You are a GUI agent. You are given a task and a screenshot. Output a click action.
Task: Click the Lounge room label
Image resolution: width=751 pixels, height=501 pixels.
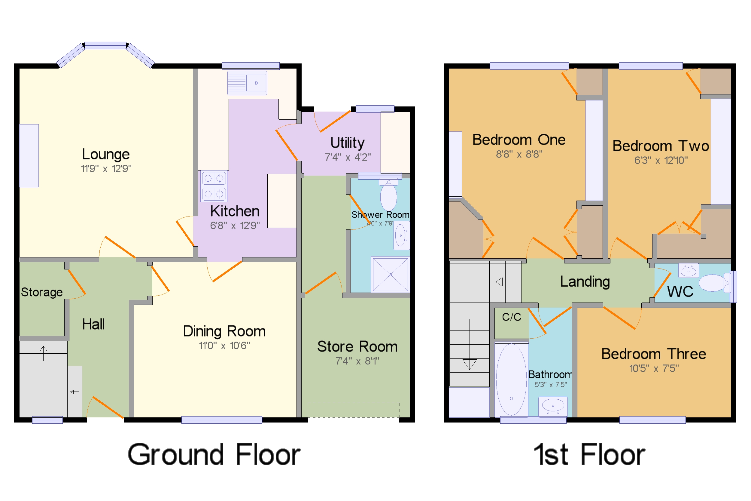pos(106,154)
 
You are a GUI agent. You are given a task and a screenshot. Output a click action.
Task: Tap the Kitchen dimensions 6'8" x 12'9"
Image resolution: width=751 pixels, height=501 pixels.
pos(235,226)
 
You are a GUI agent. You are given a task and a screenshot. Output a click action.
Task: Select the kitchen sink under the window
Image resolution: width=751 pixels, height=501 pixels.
pos(247,83)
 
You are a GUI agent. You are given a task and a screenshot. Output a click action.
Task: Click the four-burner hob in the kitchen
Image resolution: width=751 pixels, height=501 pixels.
pos(214,186)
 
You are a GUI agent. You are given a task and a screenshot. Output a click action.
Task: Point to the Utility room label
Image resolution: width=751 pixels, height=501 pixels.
pos(347,143)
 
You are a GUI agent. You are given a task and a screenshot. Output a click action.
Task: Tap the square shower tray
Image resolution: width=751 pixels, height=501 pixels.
pos(390,275)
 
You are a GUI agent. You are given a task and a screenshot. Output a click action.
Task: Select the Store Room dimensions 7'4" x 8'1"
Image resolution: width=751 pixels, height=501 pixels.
pos(357,361)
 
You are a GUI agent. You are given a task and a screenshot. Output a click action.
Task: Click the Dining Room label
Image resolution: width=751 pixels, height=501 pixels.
pos(224,331)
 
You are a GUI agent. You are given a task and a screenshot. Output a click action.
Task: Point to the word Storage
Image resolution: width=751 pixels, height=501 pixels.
pos(41,292)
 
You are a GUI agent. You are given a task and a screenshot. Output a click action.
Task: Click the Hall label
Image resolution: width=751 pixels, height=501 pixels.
pos(93,324)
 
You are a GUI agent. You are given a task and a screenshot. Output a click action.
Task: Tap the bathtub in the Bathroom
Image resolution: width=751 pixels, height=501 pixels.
pos(511,380)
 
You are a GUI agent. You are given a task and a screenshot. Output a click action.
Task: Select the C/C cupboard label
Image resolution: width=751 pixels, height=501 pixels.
pos(511,317)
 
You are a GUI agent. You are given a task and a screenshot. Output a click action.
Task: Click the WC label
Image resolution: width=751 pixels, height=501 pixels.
pos(680,291)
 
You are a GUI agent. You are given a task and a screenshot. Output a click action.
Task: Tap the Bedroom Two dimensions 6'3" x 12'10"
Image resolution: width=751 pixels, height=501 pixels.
pos(661,160)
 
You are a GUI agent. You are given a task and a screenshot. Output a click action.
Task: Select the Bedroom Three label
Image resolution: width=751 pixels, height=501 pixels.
pos(653,354)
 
